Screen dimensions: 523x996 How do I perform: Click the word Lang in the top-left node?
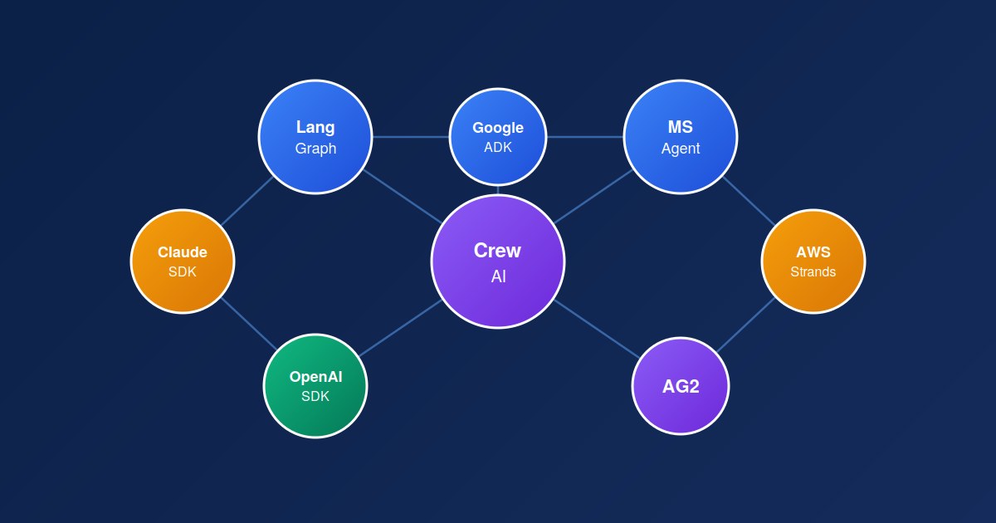click(315, 127)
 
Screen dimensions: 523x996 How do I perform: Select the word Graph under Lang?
click(315, 149)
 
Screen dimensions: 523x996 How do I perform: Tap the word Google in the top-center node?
click(498, 128)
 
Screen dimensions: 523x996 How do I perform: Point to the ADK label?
click(498, 147)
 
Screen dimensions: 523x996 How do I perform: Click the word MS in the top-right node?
click(681, 127)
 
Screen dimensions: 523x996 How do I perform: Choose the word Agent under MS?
click(681, 149)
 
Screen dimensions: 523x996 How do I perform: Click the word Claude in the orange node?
click(183, 252)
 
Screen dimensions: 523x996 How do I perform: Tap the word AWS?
click(813, 252)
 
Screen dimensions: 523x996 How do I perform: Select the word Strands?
click(813, 271)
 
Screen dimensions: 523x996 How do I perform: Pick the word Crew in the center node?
click(497, 250)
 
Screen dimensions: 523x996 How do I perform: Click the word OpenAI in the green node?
click(315, 377)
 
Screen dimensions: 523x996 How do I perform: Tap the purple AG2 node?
click(681, 386)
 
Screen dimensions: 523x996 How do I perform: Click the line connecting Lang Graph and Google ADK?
click(411, 137)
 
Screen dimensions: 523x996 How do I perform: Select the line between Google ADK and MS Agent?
click(585, 137)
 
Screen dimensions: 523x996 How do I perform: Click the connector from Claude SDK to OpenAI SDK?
click(248, 324)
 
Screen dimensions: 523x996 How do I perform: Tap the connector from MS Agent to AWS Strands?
click(748, 200)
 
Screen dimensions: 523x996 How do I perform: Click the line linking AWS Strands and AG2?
click(746, 325)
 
